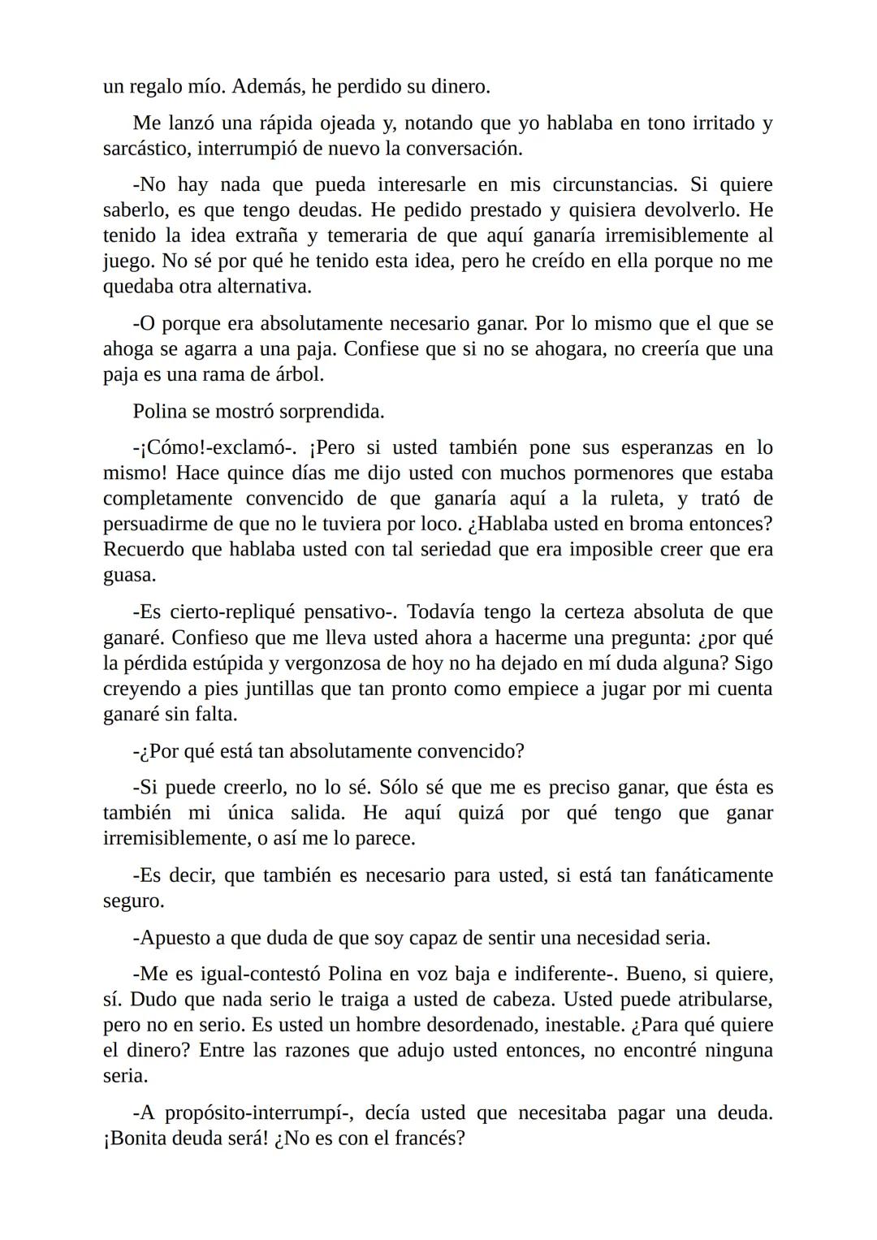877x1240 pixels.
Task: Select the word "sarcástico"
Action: [x=145, y=149]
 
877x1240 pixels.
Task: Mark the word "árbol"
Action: [x=300, y=375]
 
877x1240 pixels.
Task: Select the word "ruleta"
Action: [x=635, y=499]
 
